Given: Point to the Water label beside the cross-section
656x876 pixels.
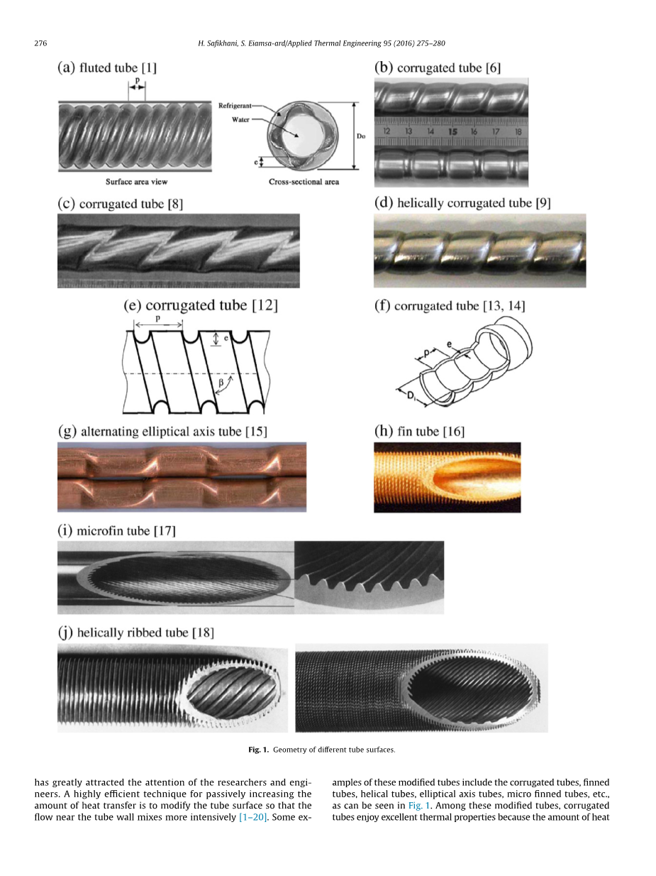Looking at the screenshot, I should (x=241, y=119).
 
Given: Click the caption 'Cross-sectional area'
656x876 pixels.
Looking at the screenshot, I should (x=304, y=182).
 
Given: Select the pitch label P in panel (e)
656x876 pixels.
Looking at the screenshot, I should (x=159, y=320).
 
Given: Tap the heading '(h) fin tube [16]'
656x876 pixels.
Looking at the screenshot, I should (x=419, y=431).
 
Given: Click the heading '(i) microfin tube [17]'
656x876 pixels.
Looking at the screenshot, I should (x=116, y=530).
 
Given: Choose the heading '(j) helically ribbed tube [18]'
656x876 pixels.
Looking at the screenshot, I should (x=135, y=632).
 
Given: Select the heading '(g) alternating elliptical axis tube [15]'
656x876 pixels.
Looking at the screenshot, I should (x=162, y=431).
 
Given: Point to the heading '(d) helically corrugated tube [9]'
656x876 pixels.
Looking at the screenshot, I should (x=462, y=203).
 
